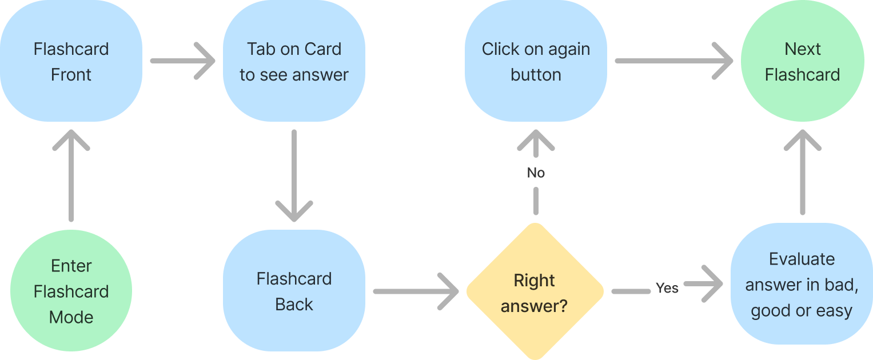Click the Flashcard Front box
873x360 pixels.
[71, 61]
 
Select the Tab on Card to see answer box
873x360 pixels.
[294, 61]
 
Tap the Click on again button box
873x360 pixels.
[536, 61]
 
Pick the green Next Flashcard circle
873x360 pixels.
[802, 61]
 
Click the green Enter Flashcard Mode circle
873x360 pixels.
[71, 291]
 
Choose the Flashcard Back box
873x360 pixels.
[294, 291]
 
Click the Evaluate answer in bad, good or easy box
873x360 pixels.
[802, 285]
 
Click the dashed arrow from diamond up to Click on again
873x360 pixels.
[536, 171]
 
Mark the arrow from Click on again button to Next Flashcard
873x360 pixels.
[673, 61]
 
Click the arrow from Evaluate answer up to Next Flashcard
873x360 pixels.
[802, 171]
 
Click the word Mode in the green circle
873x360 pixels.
[71, 317]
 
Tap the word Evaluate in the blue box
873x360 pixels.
[802, 259]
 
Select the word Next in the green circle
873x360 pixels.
[802, 49]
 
